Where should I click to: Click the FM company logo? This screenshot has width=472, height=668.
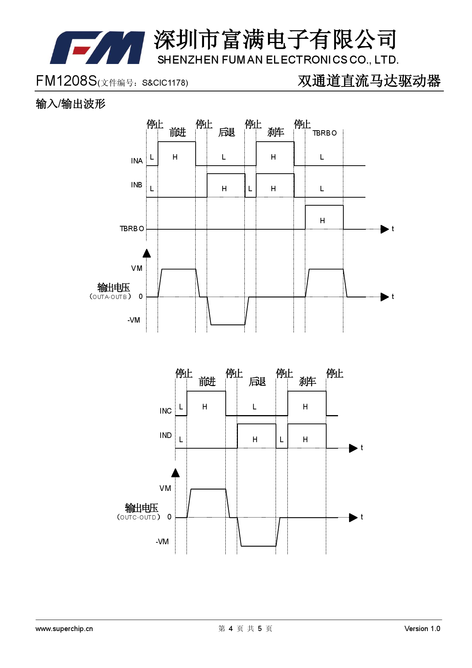tap(97, 47)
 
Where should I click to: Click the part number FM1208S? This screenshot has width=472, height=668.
tap(66, 81)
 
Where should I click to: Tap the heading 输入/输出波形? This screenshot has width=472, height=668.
tap(70, 104)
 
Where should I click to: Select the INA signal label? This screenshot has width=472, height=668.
tap(137, 161)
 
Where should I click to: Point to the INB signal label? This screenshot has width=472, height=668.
tap(137, 185)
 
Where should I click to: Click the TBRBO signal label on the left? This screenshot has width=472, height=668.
tap(132, 229)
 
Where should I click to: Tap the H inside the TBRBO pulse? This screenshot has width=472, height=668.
tap(322, 221)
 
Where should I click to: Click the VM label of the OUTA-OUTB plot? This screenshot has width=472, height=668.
tap(137, 268)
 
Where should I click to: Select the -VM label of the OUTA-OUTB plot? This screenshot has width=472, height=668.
tap(134, 320)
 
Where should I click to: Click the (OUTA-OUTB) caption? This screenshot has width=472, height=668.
tap(110, 297)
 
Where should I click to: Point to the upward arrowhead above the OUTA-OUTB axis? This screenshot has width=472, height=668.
tap(147, 253)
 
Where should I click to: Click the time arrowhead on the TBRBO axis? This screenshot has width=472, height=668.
tap(384, 229)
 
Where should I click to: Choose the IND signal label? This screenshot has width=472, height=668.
tap(166, 435)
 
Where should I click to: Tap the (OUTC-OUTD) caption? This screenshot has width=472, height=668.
tap(139, 517)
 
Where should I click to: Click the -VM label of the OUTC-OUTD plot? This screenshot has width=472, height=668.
tap(162, 542)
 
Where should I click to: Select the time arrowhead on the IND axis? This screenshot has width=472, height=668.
tap(353, 448)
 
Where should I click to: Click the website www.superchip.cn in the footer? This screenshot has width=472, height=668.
tap(64, 629)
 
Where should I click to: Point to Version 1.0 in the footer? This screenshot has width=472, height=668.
tap(422, 629)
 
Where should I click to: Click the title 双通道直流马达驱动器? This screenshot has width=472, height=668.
tap(369, 81)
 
